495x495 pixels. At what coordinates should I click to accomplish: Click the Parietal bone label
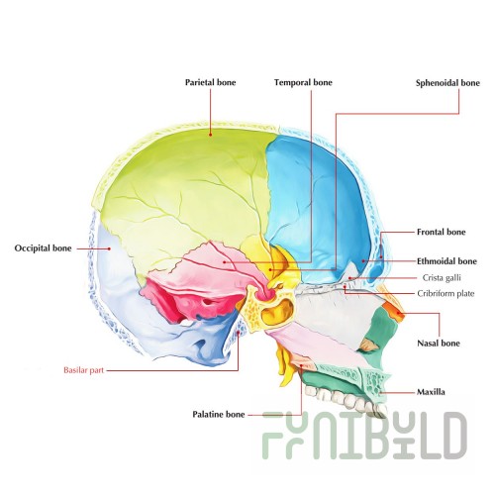click(x=210, y=82)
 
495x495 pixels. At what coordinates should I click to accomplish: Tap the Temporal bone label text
click(x=303, y=82)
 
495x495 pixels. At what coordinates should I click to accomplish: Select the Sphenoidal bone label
click(x=447, y=83)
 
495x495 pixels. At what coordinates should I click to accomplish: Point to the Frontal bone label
click(x=441, y=232)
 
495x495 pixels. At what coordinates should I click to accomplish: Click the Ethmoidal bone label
click(x=446, y=261)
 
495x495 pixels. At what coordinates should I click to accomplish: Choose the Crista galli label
click(x=442, y=278)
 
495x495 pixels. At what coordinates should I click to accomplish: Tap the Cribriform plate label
click(x=445, y=293)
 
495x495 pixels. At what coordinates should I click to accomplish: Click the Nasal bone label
click(x=439, y=344)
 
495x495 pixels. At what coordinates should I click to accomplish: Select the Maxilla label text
click(x=431, y=392)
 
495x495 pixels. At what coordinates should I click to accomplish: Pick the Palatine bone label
click(x=219, y=414)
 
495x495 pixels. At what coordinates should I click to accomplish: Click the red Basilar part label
click(x=84, y=370)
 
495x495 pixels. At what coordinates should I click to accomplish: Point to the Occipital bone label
click(x=43, y=248)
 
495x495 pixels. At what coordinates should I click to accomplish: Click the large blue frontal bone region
click(x=317, y=205)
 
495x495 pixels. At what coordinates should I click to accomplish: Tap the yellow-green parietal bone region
click(x=185, y=191)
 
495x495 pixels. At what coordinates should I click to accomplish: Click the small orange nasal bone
click(x=394, y=312)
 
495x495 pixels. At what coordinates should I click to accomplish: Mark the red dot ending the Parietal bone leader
click(x=210, y=135)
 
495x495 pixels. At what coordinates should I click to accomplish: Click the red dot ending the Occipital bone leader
click(x=109, y=248)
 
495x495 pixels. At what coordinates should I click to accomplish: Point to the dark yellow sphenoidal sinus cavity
click(x=276, y=312)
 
